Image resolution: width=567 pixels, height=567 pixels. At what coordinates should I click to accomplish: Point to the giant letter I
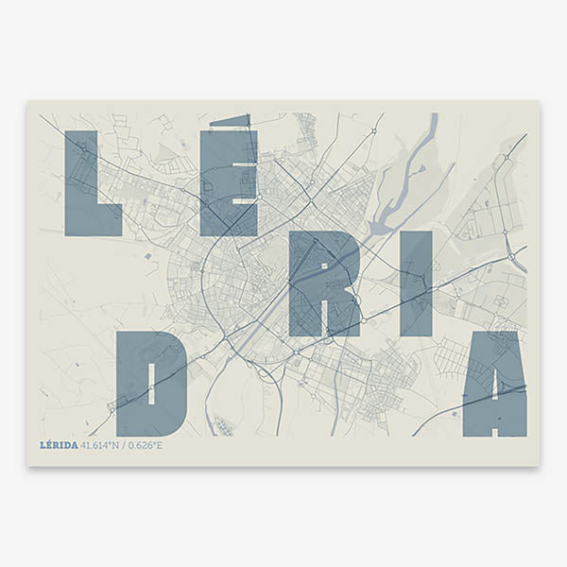coord(417,283)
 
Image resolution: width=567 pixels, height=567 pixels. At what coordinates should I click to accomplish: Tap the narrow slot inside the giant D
coord(151,383)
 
